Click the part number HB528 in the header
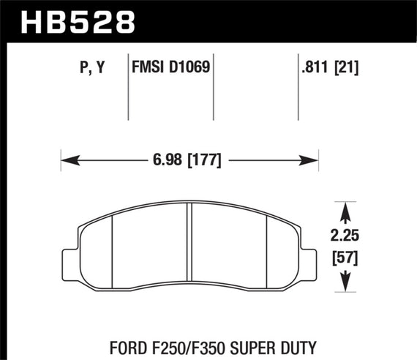[71, 20]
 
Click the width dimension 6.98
[168, 159]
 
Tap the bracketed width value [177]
[206, 159]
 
